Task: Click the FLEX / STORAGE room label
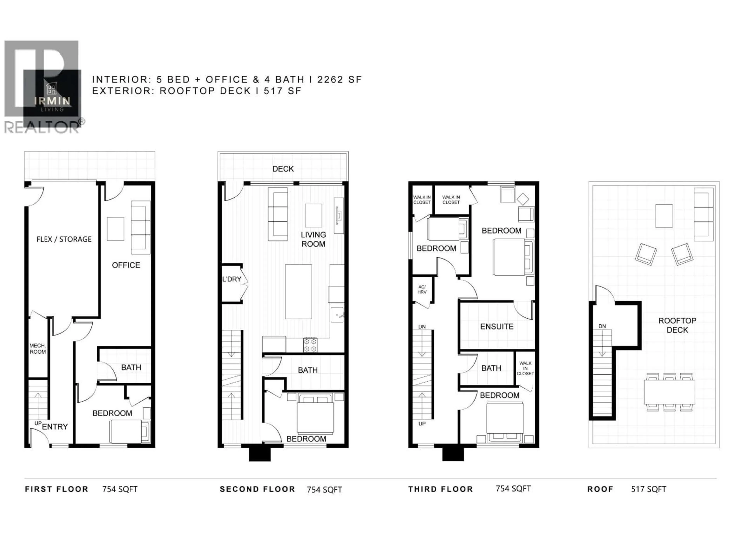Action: (64, 239)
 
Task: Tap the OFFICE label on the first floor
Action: (126, 265)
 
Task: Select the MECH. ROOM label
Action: (37, 349)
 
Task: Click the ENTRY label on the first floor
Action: (55, 427)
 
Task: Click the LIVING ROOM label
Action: (313, 239)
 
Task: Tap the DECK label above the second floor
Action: (283, 169)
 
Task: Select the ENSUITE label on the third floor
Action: (497, 326)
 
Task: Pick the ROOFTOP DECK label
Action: (677, 325)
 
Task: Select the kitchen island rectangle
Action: (298, 292)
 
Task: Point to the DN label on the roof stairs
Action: (602, 326)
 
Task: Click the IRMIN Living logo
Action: (52, 98)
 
